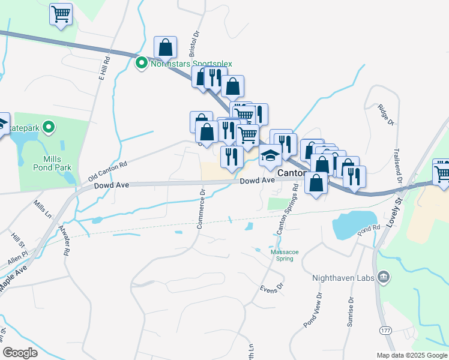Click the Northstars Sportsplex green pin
coord(142,63)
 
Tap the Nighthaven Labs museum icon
coord(384,277)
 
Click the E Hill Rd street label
coord(104,71)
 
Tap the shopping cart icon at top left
coord(61,14)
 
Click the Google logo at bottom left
coord(20,352)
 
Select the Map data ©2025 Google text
coord(411,355)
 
